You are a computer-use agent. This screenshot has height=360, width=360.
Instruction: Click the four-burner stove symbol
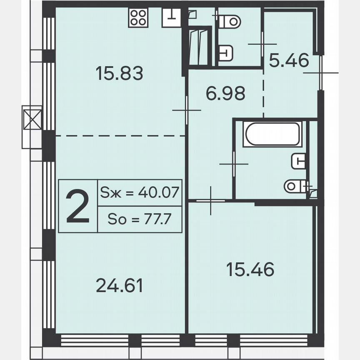[138, 18]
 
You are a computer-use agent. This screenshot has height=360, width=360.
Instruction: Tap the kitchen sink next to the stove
[171, 18]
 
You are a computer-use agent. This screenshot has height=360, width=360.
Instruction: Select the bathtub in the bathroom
[272, 134]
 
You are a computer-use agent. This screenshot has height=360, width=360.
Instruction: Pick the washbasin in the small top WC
[225, 53]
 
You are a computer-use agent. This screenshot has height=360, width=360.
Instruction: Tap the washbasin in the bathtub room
[298, 160]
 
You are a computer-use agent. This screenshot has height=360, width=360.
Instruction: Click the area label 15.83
[119, 74]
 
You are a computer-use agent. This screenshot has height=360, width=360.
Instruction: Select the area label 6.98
[225, 93]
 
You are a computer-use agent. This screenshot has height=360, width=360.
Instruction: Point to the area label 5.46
[289, 61]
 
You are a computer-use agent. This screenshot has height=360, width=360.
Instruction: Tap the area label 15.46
[250, 270]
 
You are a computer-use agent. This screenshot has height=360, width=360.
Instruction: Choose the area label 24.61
[119, 286]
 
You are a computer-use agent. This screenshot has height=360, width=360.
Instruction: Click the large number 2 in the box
[78, 206]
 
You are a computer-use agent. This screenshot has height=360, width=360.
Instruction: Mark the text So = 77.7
[139, 219]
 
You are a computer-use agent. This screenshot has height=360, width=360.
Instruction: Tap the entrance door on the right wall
[321, 72]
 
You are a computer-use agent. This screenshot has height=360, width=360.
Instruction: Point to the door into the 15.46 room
[210, 201]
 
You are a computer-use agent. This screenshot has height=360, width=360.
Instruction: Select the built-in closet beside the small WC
[199, 46]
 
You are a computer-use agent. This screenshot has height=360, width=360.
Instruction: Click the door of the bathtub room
[234, 164]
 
